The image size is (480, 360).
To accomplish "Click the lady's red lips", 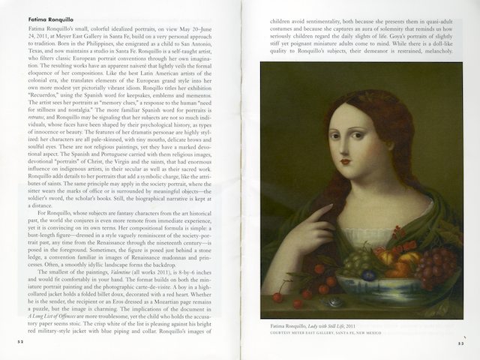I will (x=347, y=160).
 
